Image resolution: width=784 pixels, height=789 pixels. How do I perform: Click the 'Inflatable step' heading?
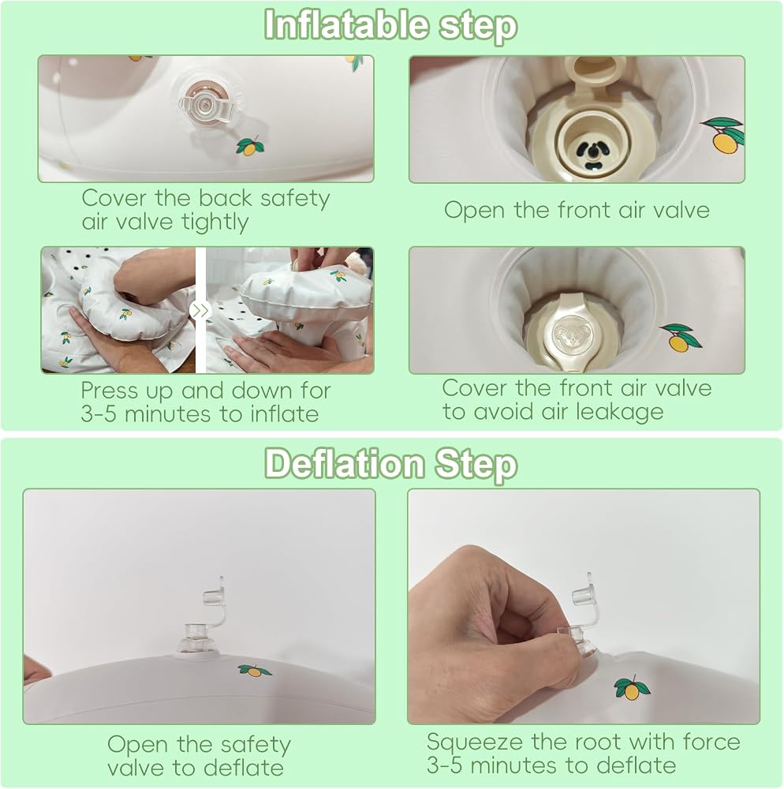pyautogui.click(x=390, y=25)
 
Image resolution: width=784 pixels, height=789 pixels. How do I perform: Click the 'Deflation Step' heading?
pyautogui.click(x=390, y=464)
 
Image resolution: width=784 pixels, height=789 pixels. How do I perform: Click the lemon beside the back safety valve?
pyautogui.click(x=250, y=146)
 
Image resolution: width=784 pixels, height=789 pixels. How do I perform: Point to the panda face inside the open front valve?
pyautogui.click(x=592, y=153)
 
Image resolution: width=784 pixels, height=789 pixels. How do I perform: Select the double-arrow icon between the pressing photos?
pyautogui.click(x=200, y=310)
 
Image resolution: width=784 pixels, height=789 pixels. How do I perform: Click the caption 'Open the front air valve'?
pyautogui.click(x=577, y=211)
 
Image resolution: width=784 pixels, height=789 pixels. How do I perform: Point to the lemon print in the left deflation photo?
pyautogui.click(x=255, y=670)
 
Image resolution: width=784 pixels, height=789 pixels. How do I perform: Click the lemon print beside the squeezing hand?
pyautogui.click(x=632, y=687)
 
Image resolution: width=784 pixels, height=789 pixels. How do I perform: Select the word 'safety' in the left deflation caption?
pyautogui.click(x=256, y=746)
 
